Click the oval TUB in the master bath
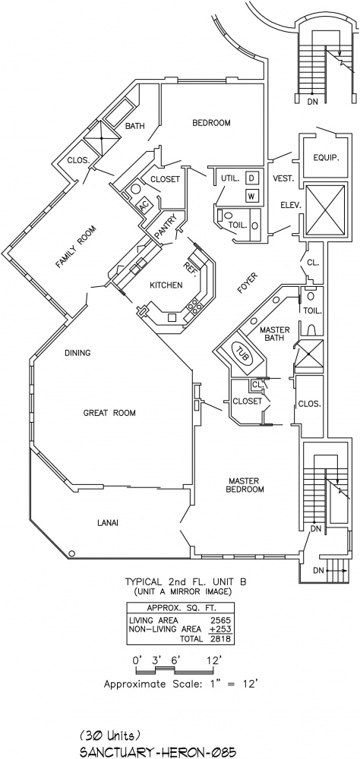(x=243, y=354)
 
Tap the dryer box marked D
(x=251, y=178)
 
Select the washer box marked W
(x=251, y=196)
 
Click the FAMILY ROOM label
(x=75, y=247)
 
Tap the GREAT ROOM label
(x=109, y=413)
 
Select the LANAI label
(x=108, y=523)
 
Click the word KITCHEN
(x=166, y=285)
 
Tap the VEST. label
(x=283, y=178)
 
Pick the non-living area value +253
(x=219, y=630)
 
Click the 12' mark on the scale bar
(x=214, y=660)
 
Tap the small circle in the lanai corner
(x=72, y=553)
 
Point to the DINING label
(x=77, y=353)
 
